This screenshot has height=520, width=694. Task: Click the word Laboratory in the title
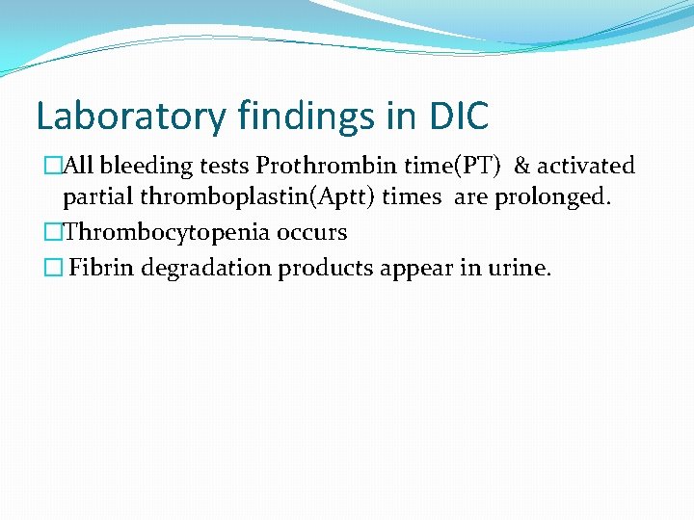point(124,117)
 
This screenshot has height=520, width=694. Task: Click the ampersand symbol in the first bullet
point(521,167)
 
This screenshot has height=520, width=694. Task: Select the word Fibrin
point(101,268)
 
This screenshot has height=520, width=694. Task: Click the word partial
point(98,199)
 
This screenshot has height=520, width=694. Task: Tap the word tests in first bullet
point(225,167)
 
